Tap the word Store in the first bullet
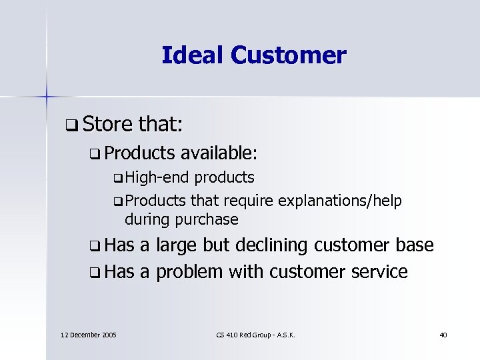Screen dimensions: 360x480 point(110,124)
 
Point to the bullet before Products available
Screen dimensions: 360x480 point(92,154)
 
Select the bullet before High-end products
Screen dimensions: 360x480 point(118,179)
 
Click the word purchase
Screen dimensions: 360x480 point(206,219)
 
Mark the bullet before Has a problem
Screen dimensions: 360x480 point(92,272)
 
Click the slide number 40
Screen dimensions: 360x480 point(443,334)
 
